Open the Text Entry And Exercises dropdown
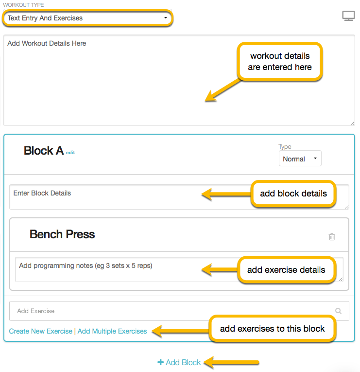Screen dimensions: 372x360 coord(87,18)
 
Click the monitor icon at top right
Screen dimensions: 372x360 coord(348,16)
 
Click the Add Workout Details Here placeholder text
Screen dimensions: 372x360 coord(47,43)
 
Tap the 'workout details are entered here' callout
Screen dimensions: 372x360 coord(280,62)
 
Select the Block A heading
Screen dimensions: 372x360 coord(43,151)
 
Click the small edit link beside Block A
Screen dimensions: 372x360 coord(70,153)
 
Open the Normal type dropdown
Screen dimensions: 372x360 coord(300,159)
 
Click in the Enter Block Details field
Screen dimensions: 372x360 coord(97,196)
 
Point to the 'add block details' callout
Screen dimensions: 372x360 coord(293,194)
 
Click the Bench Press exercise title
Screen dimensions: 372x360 coord(62,234)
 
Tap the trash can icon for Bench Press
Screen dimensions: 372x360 coord(332,237)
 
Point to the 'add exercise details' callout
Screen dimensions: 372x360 coord(286,270)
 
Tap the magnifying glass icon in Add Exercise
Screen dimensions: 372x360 coord(338,311)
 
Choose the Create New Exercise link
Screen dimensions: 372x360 coord(41,331)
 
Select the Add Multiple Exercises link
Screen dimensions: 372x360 coord(112,331)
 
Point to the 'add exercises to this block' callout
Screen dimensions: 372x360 coord(272,329)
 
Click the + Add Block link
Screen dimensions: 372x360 coord(179,362)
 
